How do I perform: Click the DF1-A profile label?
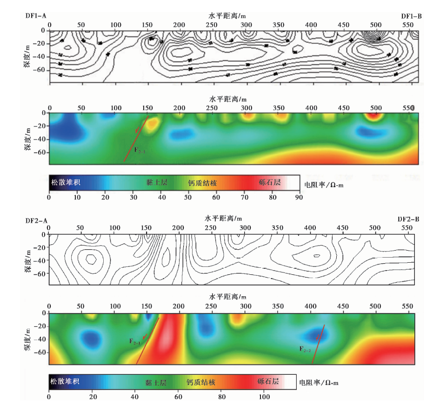point(36,15)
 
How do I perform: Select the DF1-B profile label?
point(411,16)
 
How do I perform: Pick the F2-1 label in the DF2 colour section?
point(135,341)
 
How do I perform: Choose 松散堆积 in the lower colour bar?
point(64,382)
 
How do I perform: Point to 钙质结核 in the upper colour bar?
point(202,182)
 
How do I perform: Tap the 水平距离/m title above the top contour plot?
point(227,15)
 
